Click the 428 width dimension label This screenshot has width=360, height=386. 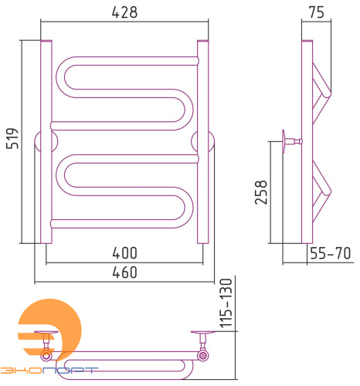tap(124, 12)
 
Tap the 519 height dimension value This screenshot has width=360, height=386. tap(12, 138)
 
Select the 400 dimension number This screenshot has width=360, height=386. tap(124, 253)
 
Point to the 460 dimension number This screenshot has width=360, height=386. tap(124, 273)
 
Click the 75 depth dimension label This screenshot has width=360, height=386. tap(317, 12)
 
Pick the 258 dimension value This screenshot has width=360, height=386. tap(261, 192)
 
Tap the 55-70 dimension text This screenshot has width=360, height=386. tap(330, 253)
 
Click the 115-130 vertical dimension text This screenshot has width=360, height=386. tap(226, 303)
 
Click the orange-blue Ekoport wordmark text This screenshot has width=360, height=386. tap(49, 371)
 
